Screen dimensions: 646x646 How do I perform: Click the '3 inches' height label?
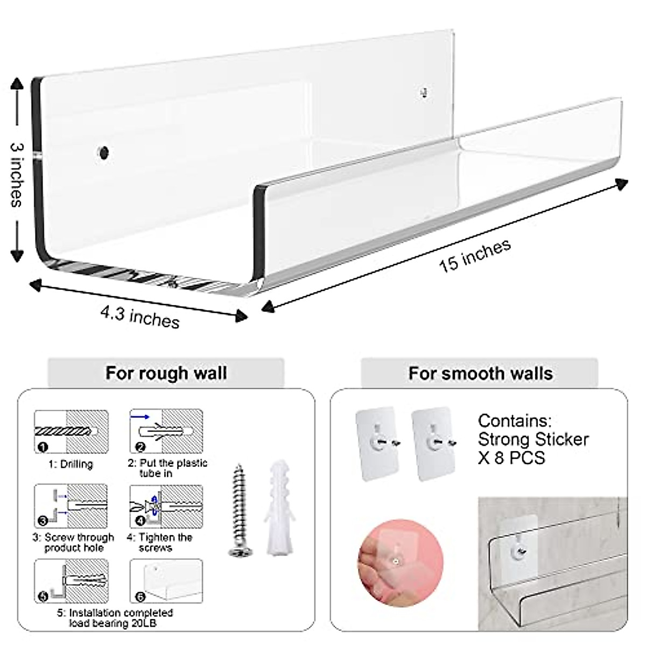coord(16,174)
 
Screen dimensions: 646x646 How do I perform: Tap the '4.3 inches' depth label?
coord(139,317)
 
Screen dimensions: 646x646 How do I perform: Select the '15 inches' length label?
coord(474,255)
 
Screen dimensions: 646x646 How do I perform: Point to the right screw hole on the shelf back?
coord(424,93)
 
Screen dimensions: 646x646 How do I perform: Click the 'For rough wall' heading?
coord(166,373)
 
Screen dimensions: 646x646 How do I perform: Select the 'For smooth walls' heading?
coord(480,373)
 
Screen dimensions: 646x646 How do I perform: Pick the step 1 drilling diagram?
coord(72,431)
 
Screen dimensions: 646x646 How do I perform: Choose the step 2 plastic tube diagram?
coord(166,431)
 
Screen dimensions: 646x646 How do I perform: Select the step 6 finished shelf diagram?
coord(166,581)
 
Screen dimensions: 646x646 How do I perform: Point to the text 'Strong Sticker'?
coord(533,439)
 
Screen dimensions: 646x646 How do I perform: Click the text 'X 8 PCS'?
coord(511,458)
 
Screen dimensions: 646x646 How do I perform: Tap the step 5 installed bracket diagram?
coord(72,581)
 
